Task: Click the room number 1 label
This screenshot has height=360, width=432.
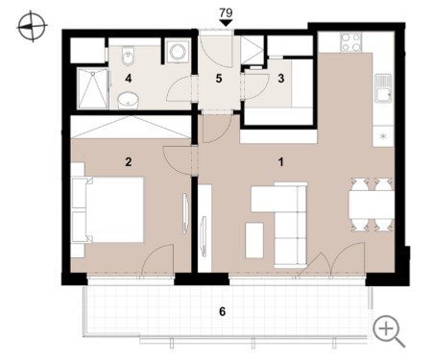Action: [x=280, y=162]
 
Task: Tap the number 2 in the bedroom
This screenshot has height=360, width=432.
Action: [x=129, y=162]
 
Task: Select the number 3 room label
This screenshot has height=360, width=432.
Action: [x=281, y=79]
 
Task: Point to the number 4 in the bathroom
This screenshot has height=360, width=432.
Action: [x=129, y=79]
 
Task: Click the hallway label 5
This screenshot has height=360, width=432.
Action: [x=219, y=79]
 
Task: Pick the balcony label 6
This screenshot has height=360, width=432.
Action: [x=223, y=311]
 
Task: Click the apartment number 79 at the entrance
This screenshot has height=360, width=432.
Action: [x=226, y=12]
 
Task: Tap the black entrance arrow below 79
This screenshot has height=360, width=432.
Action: [x=226, y=23]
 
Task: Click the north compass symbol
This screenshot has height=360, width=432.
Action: [x=32, y=26]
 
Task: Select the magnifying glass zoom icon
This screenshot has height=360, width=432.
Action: [x=389, y=331]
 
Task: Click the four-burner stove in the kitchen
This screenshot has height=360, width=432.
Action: [x=350, y=42]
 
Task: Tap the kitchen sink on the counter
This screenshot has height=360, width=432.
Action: [x=383, y=88]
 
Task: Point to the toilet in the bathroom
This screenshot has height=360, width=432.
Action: [x=128, y=57]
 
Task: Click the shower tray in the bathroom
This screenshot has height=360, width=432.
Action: [x=93, y=88]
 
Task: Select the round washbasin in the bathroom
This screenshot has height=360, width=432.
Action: [x=128, y=101]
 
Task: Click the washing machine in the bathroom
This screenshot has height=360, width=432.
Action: [x=178, y=51]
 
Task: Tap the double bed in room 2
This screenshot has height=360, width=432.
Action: [x=108, y=209]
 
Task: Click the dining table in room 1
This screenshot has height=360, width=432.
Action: [x=372, y=204]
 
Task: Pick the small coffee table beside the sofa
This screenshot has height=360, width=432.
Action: [x=254, y=240]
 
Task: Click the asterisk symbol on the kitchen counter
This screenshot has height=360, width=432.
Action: [x=383, y=136]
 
